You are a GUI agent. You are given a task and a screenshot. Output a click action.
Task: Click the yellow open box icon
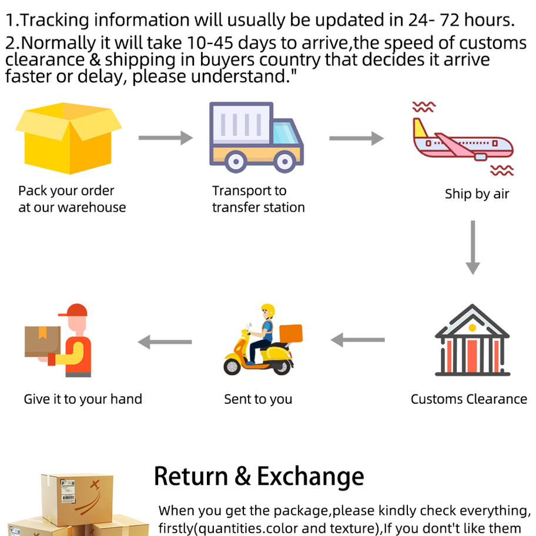(69, 138)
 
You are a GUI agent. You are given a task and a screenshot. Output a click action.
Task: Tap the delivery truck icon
(256, 138)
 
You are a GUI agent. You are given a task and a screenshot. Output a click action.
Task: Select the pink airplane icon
(463, 139)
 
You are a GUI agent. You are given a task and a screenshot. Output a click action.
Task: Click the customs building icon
(473, 340)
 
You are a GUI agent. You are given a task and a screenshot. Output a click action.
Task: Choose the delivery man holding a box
(58, 340)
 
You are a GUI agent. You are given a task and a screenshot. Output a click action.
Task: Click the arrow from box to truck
(166, 138)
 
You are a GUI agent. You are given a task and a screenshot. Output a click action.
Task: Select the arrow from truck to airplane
(357, 138)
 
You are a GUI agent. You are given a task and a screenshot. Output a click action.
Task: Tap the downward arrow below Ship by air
(473, 247)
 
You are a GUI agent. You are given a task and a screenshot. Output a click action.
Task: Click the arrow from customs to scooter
(357, 340)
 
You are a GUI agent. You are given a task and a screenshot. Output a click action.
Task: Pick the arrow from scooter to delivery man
(165, 342)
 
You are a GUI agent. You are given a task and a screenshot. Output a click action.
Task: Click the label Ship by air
(477, 194)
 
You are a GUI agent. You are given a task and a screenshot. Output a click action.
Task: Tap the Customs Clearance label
(468, 399)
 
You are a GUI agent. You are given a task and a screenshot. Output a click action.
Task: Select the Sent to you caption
(258, 399)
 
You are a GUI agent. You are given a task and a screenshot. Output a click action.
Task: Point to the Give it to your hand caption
(83, 399)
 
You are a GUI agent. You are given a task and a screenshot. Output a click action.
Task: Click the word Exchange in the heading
(310, 477)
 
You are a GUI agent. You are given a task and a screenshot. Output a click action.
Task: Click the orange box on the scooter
(291, 333)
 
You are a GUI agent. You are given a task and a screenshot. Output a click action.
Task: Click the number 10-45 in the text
(210, 43)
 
